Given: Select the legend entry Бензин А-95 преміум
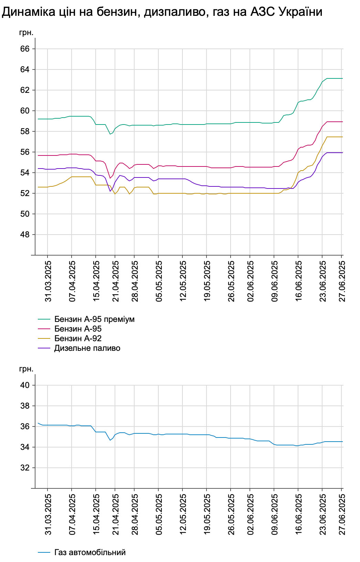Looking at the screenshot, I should point(94,319).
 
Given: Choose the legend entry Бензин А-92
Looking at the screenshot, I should point(78,338).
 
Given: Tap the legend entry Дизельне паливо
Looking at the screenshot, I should point(87,348).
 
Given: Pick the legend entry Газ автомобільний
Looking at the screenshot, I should point(90,552).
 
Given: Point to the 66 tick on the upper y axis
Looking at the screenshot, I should point(25,49).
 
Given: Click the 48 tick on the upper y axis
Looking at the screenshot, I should point(25,235).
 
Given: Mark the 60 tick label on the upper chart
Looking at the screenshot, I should point(25,111).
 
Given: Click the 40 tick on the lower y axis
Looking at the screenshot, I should point(25,385).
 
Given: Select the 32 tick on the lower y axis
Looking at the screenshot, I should point(25,468).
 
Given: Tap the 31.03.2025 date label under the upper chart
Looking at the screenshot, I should point(48,281).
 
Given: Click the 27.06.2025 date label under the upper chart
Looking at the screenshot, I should point(342,281).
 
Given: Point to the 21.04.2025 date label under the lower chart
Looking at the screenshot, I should point(116,515).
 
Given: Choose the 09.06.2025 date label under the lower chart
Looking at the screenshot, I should point(275,515).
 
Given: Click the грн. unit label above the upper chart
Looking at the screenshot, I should point(26,33).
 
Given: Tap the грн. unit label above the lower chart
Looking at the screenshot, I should point(26,369).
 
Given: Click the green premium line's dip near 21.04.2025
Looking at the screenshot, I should point(110,134).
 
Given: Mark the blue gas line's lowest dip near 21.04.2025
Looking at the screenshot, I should point(110,440).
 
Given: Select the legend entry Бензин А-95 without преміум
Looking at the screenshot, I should point(78,329).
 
